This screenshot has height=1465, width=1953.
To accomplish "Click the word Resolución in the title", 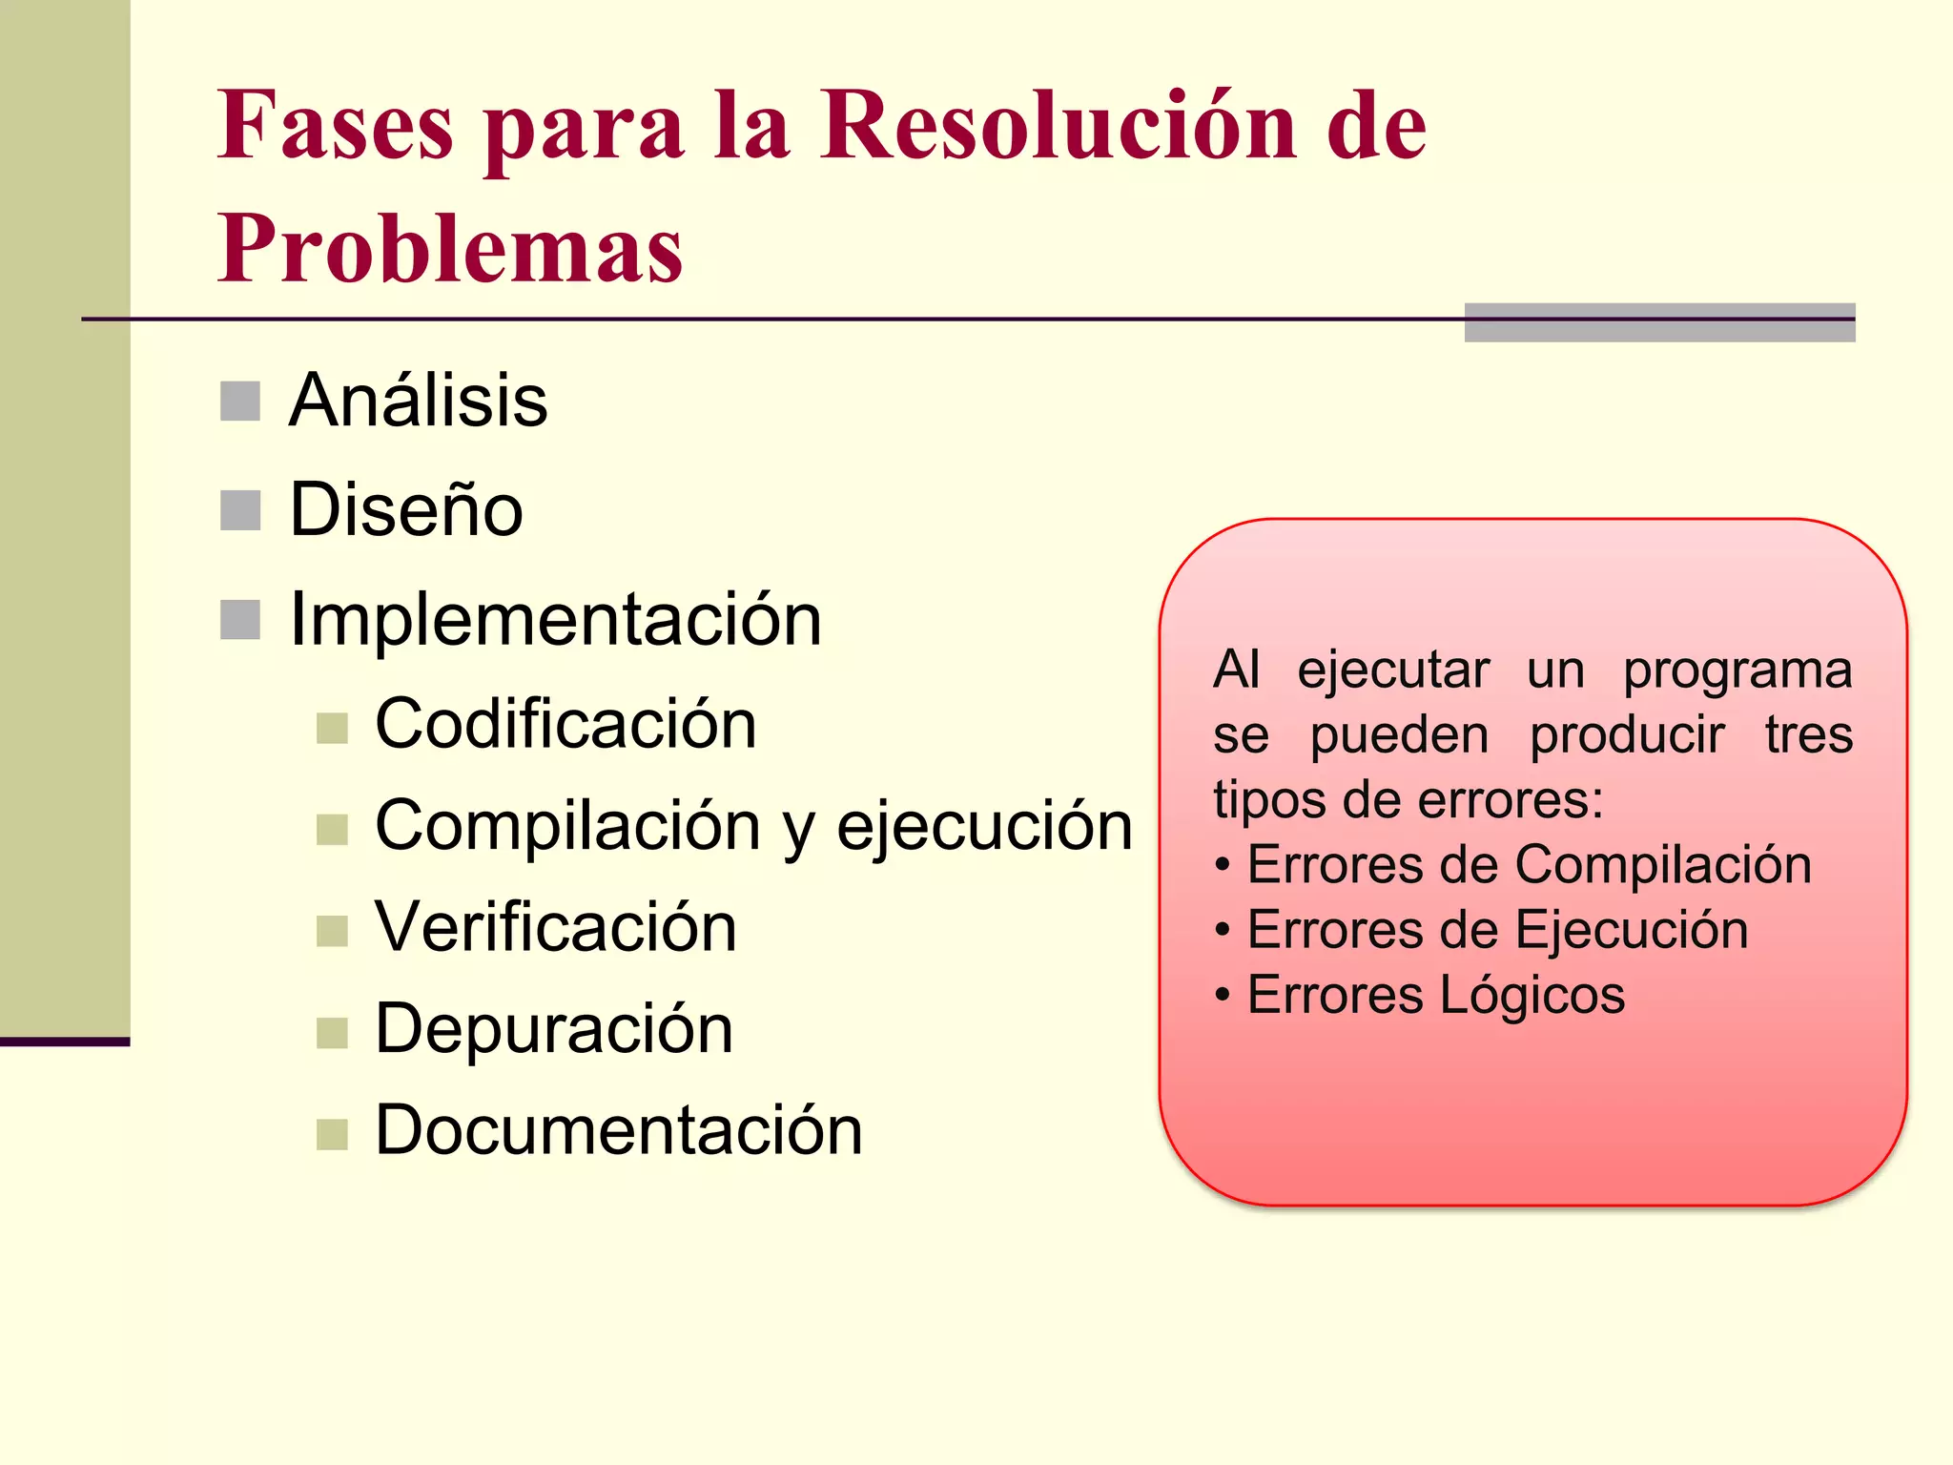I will pos(1059,126).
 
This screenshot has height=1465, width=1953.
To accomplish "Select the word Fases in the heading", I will pos(335,126).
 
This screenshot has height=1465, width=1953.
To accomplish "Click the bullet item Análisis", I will pos(418,401).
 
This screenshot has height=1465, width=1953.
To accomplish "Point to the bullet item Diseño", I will pos(406,510).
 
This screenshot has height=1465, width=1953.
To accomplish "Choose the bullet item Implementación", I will pos(555,620).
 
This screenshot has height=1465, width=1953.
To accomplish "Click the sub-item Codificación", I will pos(565,724).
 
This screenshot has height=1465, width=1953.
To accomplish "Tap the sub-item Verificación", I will pos(556,927).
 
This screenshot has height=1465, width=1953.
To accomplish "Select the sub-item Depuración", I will pos(554,1029).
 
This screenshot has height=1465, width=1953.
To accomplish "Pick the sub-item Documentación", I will pos(619,1130).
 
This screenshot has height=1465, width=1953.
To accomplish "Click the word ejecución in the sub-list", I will pos(984,826).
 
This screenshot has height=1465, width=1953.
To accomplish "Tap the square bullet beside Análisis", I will pos(240,402).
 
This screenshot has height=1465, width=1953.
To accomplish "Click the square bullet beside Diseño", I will pos(240,510).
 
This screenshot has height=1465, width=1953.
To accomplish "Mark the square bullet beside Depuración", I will pos(332,1033).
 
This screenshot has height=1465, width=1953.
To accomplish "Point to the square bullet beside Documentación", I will pos(332,1134).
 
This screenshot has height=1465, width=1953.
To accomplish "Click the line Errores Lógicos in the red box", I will pos(1435,995).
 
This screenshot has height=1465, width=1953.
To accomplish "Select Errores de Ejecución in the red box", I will pos(1497,930).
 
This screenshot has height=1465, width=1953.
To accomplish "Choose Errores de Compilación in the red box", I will pos(1529,865).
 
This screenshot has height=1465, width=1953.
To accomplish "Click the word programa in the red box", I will pos(1737,671).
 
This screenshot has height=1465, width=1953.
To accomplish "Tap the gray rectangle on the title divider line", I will pos(1659,322).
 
